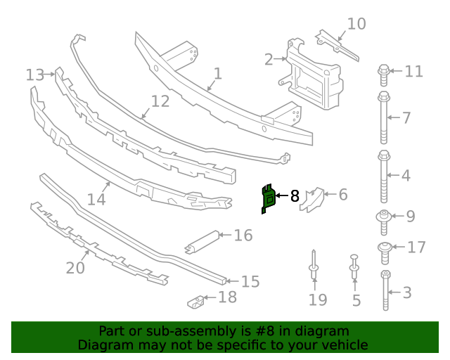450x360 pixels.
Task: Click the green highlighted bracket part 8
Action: point(268,199)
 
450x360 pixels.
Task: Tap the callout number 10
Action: point(356,24)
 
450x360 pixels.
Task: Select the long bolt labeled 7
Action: point(384,117)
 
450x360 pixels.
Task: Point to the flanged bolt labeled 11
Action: point(384,71)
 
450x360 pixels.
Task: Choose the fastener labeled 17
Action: point(385,247)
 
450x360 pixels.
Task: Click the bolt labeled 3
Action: point(385,290)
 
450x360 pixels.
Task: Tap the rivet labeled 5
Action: point(354,269)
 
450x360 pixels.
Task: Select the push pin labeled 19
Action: point(313,264)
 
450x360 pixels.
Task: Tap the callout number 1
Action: point(217,73)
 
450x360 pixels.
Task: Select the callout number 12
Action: point(160,101)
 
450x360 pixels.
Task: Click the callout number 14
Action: point(96,199)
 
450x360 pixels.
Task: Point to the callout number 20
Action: point(75,268)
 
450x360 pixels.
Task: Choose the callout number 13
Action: point(34,75)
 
